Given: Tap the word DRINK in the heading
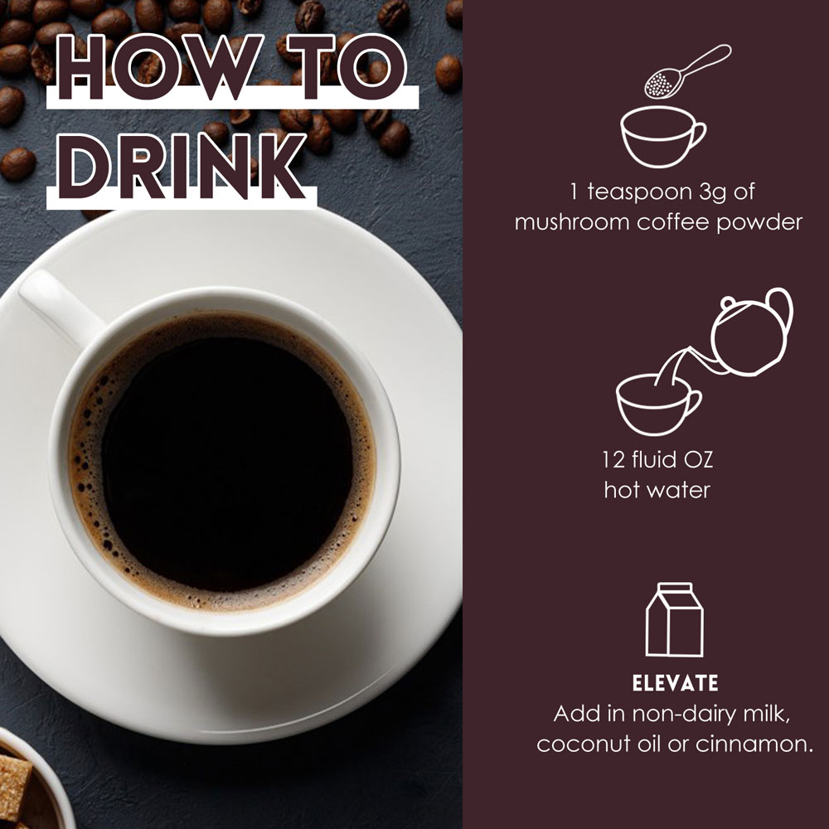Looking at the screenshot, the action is pyautogui.click(x=182, y=167).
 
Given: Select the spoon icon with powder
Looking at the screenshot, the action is pyautogui.click(x=687, y=70).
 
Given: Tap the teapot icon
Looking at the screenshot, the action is pyautogui.click(x=751, y=333).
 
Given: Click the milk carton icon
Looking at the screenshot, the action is pyautogui.click(x=675, y=619).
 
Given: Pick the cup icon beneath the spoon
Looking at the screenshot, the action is pyautogui.click(x=662, y=137).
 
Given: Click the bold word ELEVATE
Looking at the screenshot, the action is pyautogui.click(x=675, y=683).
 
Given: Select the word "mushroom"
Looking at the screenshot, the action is pyautogui.click(x=572, y=222).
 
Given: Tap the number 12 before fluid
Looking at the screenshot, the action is pyautogui.click(x=613, y=459).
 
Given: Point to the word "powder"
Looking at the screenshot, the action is pyautogui.click(x=759, y=222).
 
